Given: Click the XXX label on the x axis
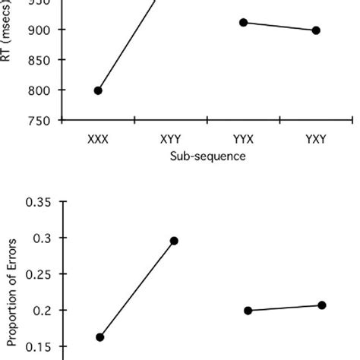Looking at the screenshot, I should click(98, 140).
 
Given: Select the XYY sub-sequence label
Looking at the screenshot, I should click(171, 140).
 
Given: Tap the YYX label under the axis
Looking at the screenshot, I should click(244, 140).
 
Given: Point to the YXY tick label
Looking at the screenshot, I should click(317, 140).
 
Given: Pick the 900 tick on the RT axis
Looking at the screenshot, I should click(43, 30).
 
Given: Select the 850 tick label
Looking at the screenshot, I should click(43, 60).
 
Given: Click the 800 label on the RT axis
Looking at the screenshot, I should click(43, 90).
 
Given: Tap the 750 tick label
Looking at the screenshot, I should click(43, 121).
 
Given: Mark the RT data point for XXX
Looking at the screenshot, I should click(98, 90).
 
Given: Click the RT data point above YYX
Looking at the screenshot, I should click(243, 23).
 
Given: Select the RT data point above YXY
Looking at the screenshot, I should click(316, 30).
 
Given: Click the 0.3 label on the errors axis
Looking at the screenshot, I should click(44, 238).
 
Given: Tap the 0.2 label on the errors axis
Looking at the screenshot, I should click(44, 311).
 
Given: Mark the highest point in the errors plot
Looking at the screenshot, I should click(174, 241).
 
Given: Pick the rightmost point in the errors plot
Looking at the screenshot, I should click(321, 305).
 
